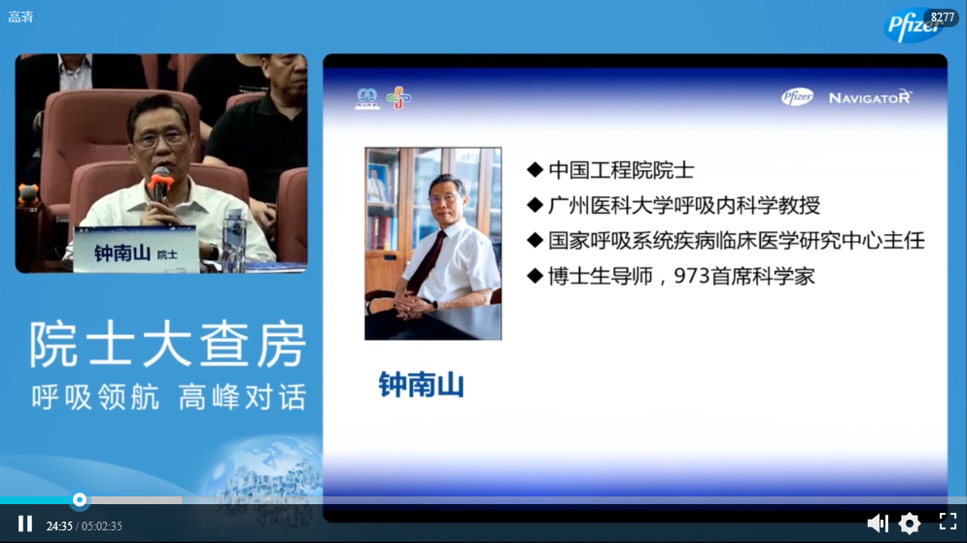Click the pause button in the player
pos(25,524)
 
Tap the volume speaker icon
pos(878,524)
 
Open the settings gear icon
pos(910,524)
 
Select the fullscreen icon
pos(948,522)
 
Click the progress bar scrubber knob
pos(80,500)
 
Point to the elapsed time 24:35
pos(59,526)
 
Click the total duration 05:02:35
pos(102,526)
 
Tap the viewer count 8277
pos(943,17)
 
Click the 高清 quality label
pos(20,17)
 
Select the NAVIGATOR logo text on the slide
pos(870,97)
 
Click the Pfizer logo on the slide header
pos(797,97)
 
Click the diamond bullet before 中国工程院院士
pos(535,169)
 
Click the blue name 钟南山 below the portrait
pos(421,385)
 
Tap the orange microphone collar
pos(160,183)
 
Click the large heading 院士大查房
pos(168,345)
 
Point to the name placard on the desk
pos(136,250)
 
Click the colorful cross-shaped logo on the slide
pos(398,97)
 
